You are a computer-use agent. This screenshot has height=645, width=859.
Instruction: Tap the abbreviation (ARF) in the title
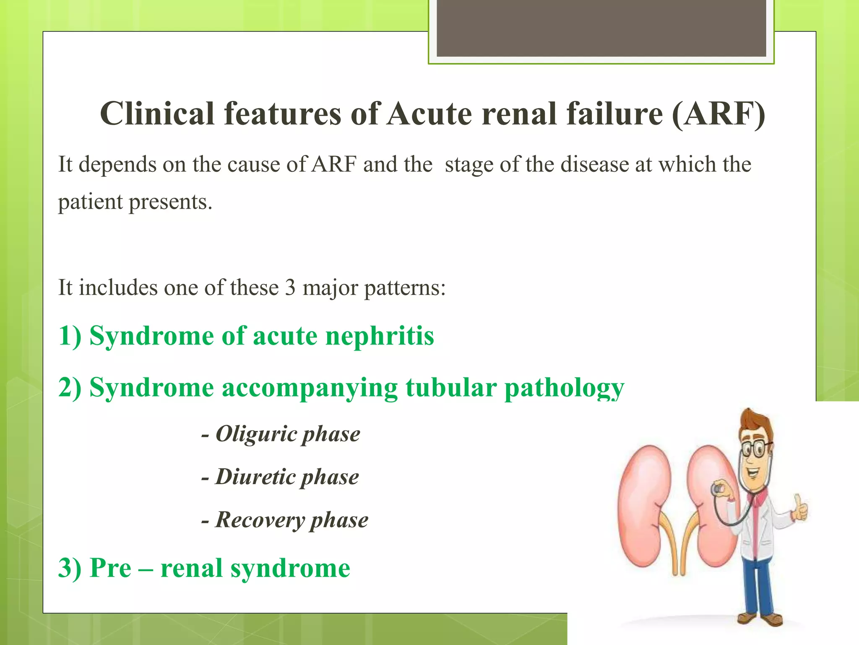click(718, 114)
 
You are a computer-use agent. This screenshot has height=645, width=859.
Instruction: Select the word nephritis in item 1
click(380, 336)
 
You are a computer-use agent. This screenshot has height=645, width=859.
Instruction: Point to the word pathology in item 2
click(564, 388)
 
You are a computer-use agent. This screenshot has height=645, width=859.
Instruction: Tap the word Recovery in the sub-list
click(260, 520)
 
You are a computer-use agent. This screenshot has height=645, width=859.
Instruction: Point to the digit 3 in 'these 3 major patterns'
click(290, 288)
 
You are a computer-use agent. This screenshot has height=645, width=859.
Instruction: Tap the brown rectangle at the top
click(601, 28)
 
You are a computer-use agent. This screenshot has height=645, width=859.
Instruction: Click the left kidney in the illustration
click(644, 504)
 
